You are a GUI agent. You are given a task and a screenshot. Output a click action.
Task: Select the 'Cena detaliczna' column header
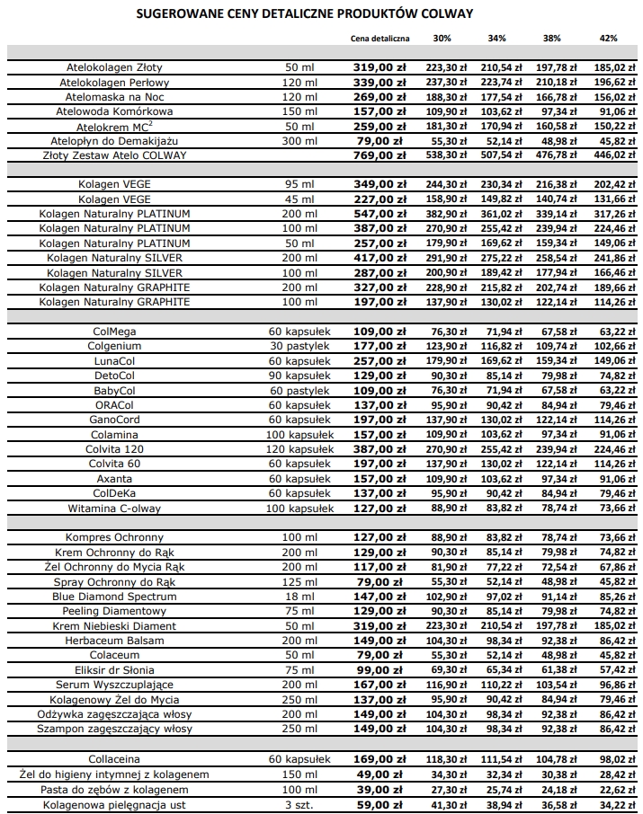point(380,39)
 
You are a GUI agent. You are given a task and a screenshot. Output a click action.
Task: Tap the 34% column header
point(496,39)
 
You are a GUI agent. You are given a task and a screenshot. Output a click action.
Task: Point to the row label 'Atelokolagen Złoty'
point(115,67)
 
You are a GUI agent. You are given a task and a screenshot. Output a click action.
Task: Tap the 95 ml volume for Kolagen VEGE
point(300,184)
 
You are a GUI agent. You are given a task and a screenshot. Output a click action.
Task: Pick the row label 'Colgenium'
point(115,346)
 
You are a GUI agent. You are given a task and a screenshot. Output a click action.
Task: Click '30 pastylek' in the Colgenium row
point(300,346)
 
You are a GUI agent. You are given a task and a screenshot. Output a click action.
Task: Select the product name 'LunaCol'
point(115,360)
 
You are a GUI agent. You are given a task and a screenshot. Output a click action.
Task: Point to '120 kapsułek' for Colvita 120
point(300,448)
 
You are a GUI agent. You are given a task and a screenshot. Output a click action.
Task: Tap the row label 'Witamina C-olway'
point(115,508)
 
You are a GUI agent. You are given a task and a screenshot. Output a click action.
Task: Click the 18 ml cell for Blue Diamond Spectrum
point(300,596)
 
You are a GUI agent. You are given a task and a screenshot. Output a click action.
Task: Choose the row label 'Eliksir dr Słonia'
point(115,669)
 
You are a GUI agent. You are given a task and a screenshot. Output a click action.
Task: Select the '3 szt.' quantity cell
point(300,805)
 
